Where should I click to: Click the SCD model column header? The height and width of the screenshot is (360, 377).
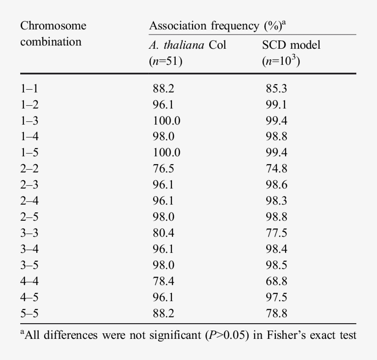(291, 45)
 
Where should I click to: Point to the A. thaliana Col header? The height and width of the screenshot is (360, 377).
(188, 45)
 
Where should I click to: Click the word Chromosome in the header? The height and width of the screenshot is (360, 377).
(53, 26)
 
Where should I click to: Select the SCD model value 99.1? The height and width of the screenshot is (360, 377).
(276, 104)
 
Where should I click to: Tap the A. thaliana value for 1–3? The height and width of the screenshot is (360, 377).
(166, 120)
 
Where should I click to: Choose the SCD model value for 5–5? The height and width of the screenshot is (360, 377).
(276, 313)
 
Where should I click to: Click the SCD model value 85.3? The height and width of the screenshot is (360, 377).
(276, 89)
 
